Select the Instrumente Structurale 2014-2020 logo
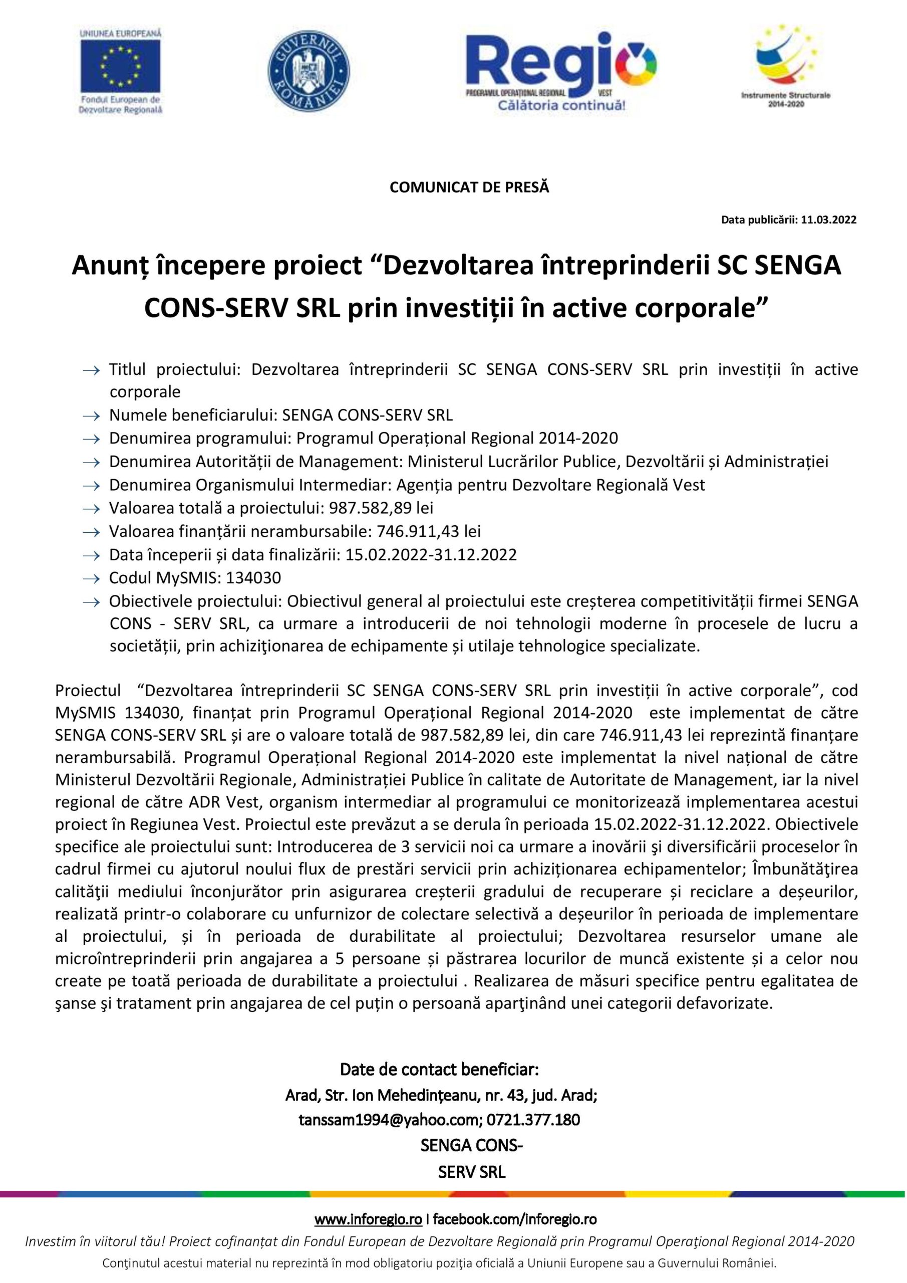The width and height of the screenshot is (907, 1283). point(786,65)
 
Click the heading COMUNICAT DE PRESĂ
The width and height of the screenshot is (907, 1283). point(469,188)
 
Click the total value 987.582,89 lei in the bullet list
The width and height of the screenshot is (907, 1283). point(381,508)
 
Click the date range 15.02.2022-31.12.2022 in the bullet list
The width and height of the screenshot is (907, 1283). point(431,555)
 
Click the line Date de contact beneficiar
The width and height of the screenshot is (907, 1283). point(439,1070)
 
